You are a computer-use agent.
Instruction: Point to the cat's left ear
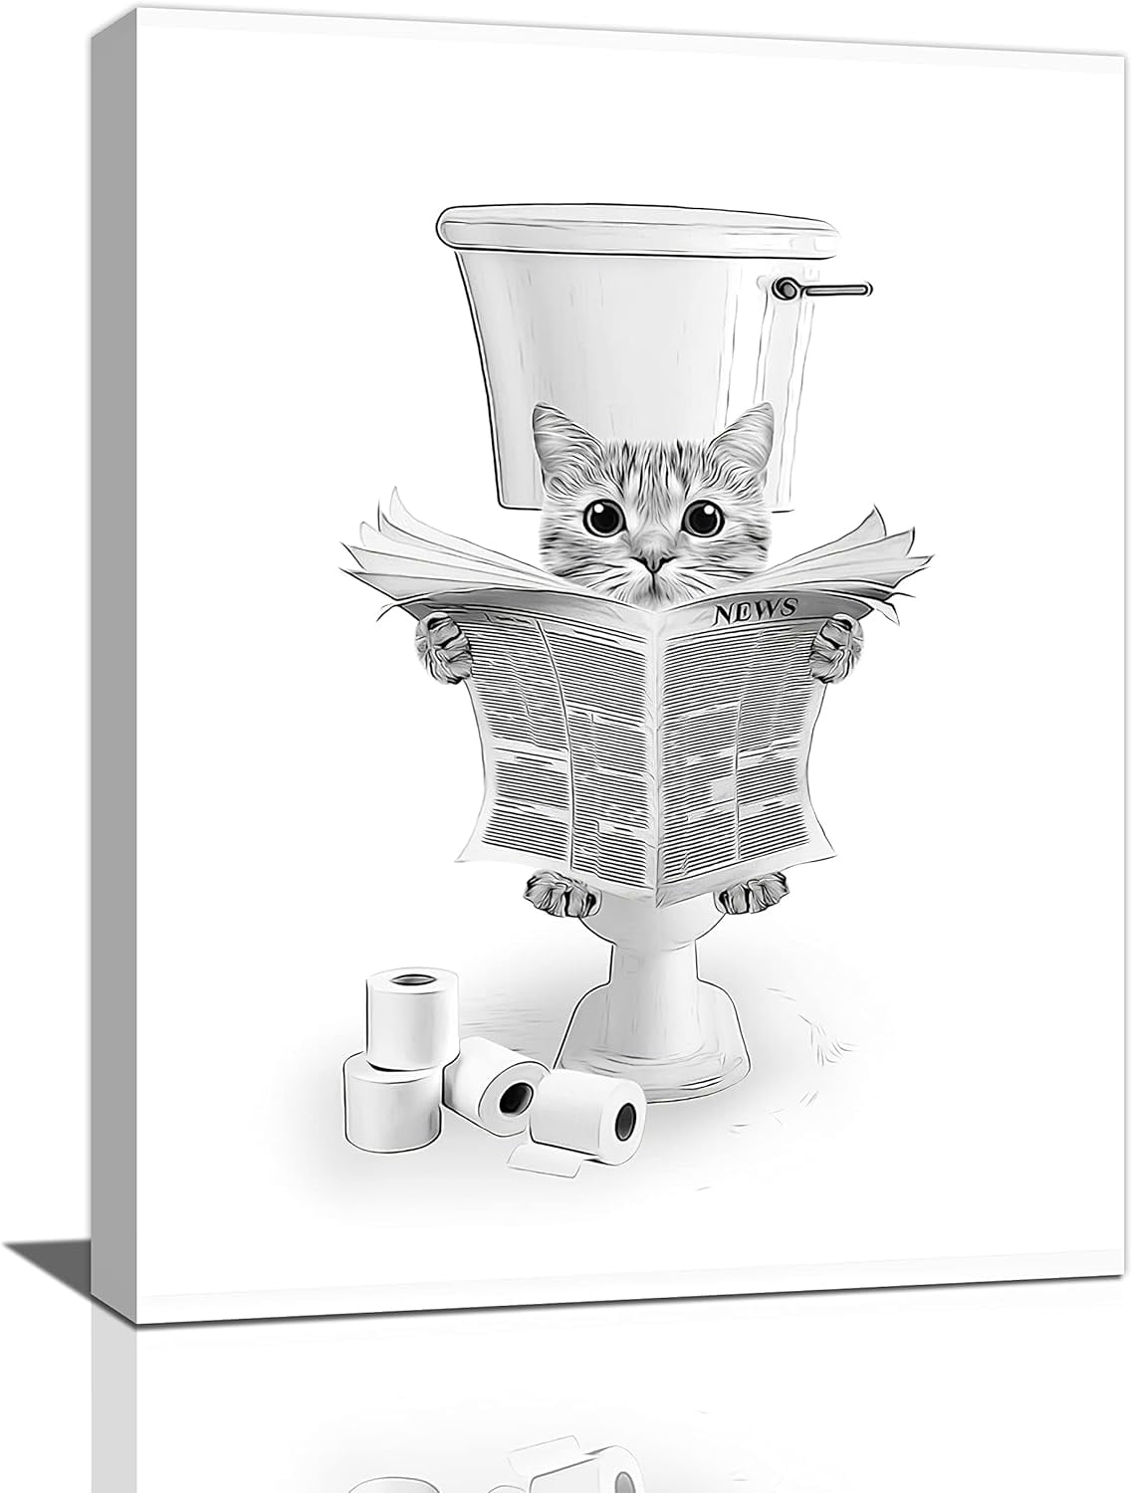(555, 431)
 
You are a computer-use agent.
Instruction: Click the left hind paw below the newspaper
(556, 892)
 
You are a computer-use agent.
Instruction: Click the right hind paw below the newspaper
(749, 895)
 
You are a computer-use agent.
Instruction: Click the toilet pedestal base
(653, 1035)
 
